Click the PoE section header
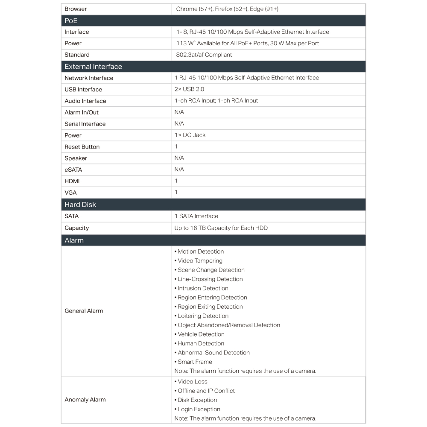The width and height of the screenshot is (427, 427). coord(71,20)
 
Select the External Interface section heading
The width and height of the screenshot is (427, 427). coord(93,67)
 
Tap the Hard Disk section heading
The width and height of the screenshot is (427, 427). coord(80,205)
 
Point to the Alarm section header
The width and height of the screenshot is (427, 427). coord(74,240)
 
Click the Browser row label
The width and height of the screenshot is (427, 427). coord(76,9)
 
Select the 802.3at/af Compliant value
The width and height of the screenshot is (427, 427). coord(203,55)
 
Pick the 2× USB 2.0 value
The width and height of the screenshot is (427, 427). coord(189,89)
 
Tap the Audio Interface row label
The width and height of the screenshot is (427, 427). coord(85,101)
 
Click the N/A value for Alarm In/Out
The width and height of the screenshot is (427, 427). coord(179,112)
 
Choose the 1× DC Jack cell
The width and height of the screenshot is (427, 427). coord(190,135)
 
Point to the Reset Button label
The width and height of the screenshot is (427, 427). coord(82,147)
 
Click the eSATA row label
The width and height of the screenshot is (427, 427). coord(73,170)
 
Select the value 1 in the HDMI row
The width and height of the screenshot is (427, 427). coord(176,181)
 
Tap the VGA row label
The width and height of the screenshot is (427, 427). coord(70,193)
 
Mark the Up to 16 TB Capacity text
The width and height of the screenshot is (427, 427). coord(221,228)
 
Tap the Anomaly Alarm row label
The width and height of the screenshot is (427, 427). coord(85,400)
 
